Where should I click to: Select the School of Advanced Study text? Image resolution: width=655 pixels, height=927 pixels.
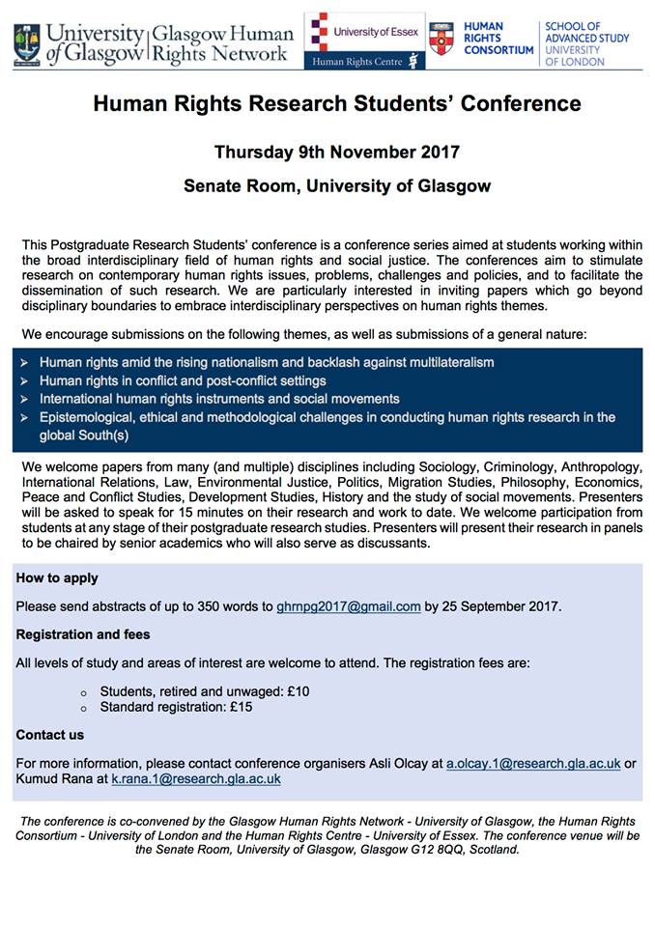coord(586,43)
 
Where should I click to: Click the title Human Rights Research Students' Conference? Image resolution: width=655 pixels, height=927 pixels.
coord(337,104)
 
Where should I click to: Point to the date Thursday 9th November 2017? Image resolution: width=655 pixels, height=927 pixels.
coord(337,152)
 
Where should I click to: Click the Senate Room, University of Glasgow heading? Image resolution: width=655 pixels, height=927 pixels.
coord(337,185)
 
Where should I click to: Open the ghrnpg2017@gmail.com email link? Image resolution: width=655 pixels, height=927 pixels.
coord(348,606)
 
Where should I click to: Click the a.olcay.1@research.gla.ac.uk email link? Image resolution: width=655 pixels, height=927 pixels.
coord(532,763)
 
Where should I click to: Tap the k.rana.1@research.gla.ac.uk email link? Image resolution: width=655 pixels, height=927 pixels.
coord(196,778)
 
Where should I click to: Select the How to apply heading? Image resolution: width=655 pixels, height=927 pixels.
coord(57,578)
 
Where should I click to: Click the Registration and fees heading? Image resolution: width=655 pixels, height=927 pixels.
coord(83,634)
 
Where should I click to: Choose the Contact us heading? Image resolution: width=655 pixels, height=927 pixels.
coord(50,735)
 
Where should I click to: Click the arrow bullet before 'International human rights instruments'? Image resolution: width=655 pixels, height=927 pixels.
coord(23,399)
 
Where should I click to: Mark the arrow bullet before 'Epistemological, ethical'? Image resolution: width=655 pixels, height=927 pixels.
coord(23,417)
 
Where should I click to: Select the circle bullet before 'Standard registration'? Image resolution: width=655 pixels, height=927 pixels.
coord(83,708)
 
